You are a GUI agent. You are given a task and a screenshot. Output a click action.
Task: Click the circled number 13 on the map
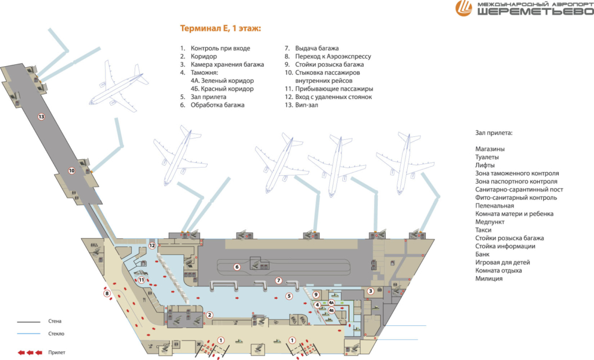pos(41,117)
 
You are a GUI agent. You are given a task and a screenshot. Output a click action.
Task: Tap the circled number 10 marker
pos(72,170)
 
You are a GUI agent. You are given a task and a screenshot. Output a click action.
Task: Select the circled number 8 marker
pos(107,293)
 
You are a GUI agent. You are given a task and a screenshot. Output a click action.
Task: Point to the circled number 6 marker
pos(237,267)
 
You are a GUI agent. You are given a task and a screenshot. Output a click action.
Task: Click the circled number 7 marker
pos(278,281)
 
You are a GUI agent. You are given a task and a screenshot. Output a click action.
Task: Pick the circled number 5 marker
pos(288,296)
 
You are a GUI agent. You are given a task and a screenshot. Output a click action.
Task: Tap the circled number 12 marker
pos(152,246)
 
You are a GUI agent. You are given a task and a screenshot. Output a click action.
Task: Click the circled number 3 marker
pos(370,291)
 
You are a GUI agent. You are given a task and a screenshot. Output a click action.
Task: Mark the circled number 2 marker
pos(210,315)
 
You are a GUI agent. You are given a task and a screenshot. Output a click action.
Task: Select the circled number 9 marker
pos(316,294)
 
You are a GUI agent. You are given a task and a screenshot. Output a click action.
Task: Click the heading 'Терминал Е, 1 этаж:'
pos(220,28)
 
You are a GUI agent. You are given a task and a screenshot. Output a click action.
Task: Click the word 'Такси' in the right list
pos(484,230)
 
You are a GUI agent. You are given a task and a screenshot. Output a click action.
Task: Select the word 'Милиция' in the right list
pos(488,279)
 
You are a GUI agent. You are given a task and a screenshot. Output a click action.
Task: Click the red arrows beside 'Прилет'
pos(30,352)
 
